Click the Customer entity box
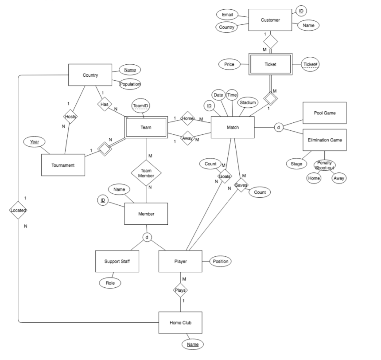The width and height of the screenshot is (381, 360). click(x=270, y=20)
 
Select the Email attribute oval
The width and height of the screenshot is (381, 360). click(x=227, y=15)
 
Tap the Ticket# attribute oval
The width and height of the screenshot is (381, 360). click(x=311, y=64)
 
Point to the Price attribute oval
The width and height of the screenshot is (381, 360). click(x=229, y=64)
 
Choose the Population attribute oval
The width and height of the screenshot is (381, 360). click(x=130, y=84)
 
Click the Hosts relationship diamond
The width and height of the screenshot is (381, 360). click(x=70, y=117)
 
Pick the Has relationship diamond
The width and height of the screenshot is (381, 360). click(x=104, y=104)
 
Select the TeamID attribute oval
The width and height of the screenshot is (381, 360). click(x=141, y=106)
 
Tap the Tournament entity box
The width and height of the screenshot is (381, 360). click(x=63, y=165)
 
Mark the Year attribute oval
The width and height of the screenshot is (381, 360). click(x=34, y=142)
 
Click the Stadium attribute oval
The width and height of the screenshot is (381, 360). click(x=248, y=103)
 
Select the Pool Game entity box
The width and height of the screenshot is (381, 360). click(x=324, y=113)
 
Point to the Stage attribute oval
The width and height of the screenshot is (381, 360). click(x=296, y=164)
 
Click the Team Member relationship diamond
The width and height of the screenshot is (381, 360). click(x=146, y=173)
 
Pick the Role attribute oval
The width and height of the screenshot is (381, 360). click(x=110, y=283)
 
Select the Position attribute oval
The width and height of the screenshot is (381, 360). click(x=220, y=261)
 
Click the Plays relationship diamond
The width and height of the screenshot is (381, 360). click(x=180, y=290)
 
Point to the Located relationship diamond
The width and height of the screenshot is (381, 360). click(x=18, y=210)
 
